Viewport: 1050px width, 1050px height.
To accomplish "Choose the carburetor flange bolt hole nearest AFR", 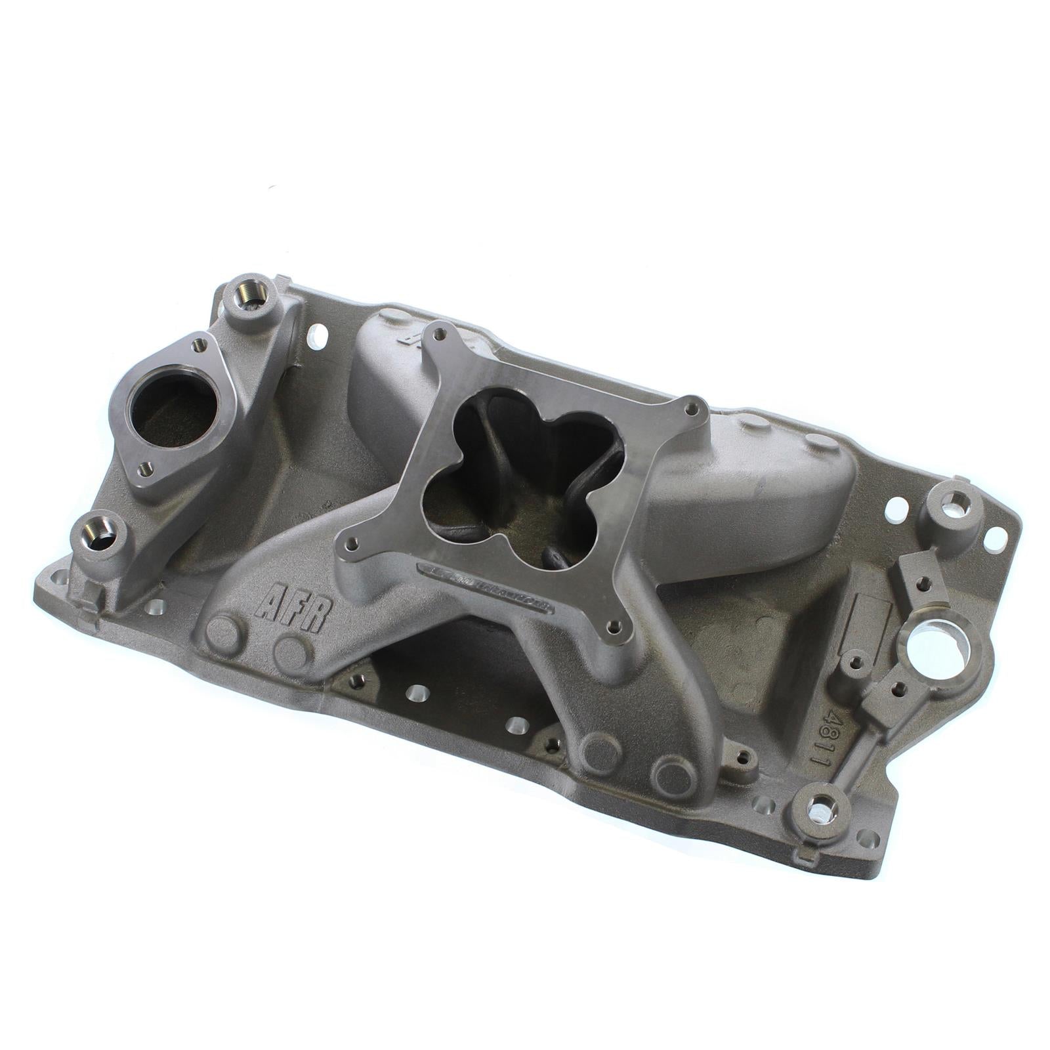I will pos(352,581).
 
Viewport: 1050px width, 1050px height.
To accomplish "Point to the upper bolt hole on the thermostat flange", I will pos(196,343).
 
